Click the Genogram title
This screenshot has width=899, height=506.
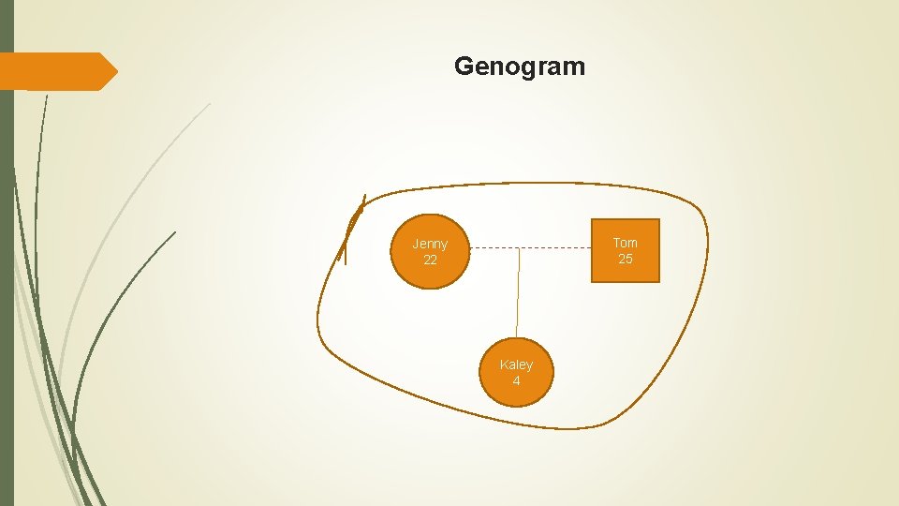pyautogui.click(x=520, y=67)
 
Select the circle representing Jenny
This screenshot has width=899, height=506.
pyautogui.click(x=429, y=251)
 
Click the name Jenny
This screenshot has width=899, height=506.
pyautogui.click(x=430, y=244)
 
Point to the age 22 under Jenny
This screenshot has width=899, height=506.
pyautogui.click(x=430, y=260)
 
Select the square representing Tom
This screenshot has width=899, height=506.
pyautogui.click(x=625, y=250)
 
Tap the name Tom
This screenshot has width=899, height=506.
pyautogui.click(x=625, y=243)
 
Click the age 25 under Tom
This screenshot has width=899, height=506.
pyautogui.click(x=625, y=259)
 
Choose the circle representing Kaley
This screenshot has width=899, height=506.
pyautogui.click(x=516, y=372)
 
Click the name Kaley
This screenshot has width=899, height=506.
pyautogui.click(x=516, y=365)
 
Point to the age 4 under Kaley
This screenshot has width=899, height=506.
pyautogui.click(x=516, y=380)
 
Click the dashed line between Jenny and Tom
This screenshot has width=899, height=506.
pyautogui.click(x=562, y=248)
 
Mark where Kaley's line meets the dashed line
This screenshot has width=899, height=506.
pyautogui.click(x=520, y=248)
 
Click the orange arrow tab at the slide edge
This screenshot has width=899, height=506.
pyautogui.click(x=56, y=71)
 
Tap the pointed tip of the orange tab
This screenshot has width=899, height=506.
pyautogui.click(x=116, y=71)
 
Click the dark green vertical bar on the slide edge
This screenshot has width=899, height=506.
pyautogui.click(x=7, y=281)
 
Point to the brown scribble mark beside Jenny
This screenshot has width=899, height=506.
pyautogui.click(x=351, y=230)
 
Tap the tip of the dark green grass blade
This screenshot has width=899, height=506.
pyautogui.click(x=175, y=232)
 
